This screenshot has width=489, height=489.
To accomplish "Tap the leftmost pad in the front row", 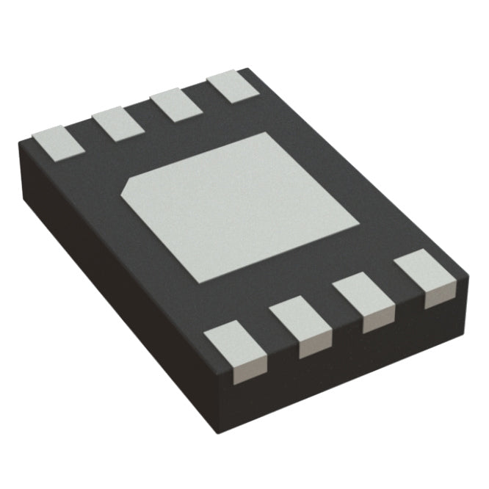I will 234,347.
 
